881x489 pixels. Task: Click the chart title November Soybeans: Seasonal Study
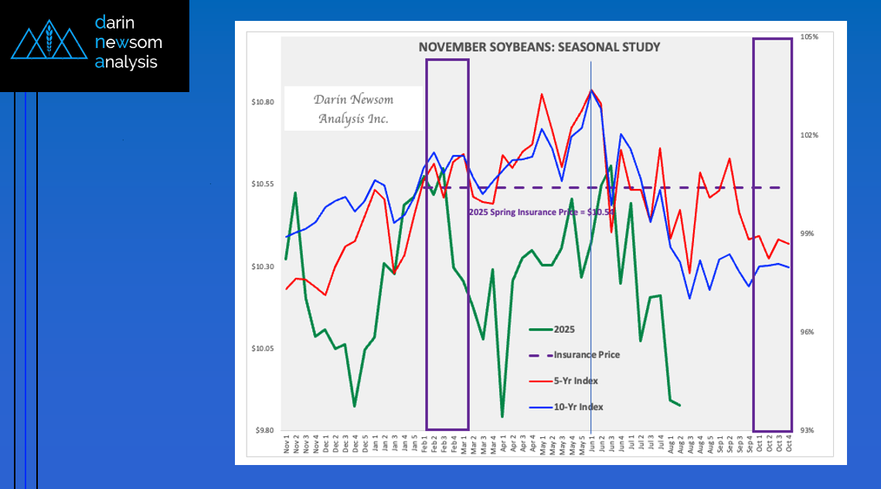click(539, 47)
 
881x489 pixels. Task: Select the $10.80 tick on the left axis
click(264, 102)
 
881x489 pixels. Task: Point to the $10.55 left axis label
click(264, 184)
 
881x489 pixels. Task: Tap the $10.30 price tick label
click(264, 266)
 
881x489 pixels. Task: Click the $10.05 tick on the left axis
click(264, 348)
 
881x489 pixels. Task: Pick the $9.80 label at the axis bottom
click(266, 430)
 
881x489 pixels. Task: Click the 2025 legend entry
click(564, 329)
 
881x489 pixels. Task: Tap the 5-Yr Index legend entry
click(575, 381)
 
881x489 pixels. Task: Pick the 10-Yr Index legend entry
click(578, 407)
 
